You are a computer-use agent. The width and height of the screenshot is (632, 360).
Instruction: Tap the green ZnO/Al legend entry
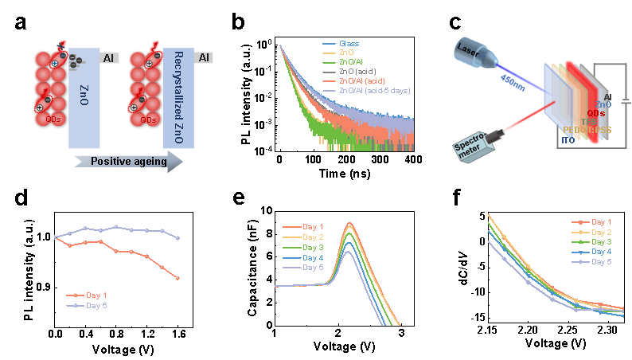(x=353, y=62)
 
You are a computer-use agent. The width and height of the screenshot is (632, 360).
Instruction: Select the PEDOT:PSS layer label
(x=587, y=128)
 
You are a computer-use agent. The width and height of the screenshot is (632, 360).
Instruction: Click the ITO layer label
(x=568, y=139)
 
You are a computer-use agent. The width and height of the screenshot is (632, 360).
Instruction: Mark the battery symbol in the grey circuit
(x=625, y=101)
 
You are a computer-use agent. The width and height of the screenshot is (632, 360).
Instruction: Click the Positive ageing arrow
(x=127, y=161)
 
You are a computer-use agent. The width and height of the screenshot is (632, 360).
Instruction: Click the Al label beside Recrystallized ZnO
(x=205, y=57)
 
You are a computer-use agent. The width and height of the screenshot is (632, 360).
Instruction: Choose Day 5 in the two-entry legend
(x=96, y=306)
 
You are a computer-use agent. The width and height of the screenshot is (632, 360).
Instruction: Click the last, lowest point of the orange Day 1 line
(x=178, y=278)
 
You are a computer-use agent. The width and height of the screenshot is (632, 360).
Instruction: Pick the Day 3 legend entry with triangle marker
(x=601, y=241)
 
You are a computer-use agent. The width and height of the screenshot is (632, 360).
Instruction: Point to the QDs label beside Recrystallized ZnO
(x=147, y=119)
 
